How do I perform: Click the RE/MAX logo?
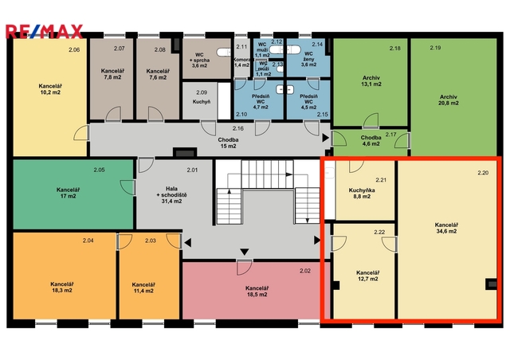tap(45, 32)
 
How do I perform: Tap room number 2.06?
tap(74, 49)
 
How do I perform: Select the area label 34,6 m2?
tap(446, 231)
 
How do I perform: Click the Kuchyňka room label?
tap(362, 190)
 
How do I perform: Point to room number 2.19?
tap(435, 48)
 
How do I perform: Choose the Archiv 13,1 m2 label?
tap(371, 81)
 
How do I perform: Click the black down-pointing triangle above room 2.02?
tap(245, 252)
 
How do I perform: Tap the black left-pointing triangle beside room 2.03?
tap(188, 243)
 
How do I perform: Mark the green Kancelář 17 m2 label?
tap(69, 193)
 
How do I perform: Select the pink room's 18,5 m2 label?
tap(257, 295)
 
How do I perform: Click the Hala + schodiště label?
tap(172, 195)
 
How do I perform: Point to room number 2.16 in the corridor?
tap(238, 128)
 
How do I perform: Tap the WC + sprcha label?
tap(199, 61)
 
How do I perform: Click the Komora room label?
tap(241, 60)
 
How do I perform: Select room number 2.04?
tap(88, 241)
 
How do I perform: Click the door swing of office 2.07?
tap(113, 114)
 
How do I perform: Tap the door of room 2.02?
tap(245, 267)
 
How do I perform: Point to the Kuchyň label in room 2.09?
tap(202, 102)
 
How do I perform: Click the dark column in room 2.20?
tap(491, 284)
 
